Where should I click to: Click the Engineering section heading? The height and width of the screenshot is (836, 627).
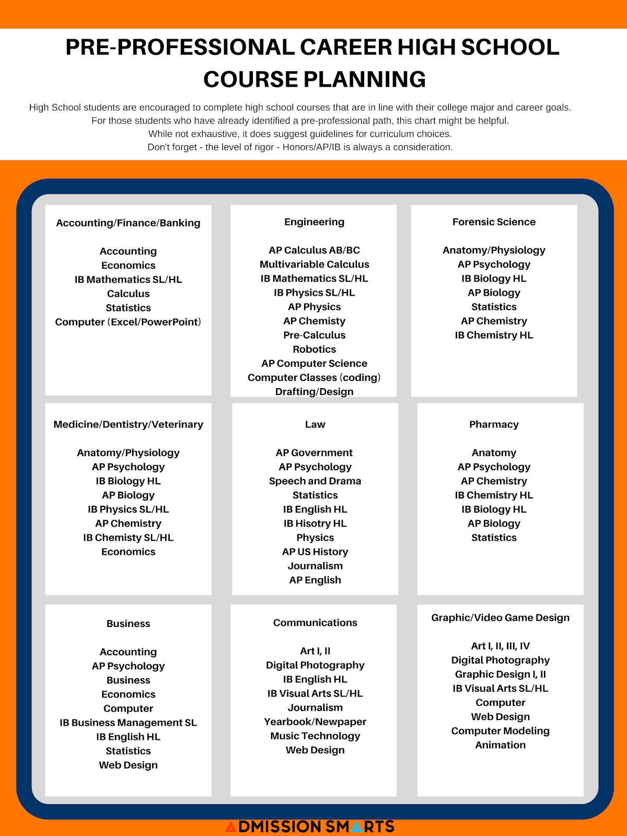(314, 222)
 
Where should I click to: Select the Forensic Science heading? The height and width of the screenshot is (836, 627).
(494, 222)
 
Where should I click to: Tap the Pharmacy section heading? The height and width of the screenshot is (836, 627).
(494, 424)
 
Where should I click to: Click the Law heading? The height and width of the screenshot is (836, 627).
(315, 424)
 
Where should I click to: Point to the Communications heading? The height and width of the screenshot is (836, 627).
(315, 623)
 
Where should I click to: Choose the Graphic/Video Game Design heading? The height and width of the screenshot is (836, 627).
(500, 618)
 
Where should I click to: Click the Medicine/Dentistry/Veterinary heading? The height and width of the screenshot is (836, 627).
(128, 424)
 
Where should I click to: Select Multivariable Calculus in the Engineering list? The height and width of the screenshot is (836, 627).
(314, 264)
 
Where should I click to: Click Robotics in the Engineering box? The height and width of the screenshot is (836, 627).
(314, 349)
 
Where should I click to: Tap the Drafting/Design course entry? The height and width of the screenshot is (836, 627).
(314, 391)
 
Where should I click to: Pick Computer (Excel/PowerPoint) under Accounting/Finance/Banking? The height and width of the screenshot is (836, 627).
(128, 322)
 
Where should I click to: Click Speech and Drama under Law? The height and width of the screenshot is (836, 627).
(315, 481)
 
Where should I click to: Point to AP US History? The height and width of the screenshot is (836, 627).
(315, 552)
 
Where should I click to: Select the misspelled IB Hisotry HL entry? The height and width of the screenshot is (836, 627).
(315, 524)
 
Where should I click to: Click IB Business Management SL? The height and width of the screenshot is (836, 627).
(128, 723)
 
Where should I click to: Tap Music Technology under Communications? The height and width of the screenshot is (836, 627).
(315, 736)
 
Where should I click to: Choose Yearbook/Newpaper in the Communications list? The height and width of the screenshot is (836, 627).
(315, 722)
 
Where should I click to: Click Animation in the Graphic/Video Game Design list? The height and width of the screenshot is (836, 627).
(500, 745)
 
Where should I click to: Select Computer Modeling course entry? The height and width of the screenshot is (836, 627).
(500, 731)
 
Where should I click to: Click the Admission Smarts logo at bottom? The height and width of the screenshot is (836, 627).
(310, 827)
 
